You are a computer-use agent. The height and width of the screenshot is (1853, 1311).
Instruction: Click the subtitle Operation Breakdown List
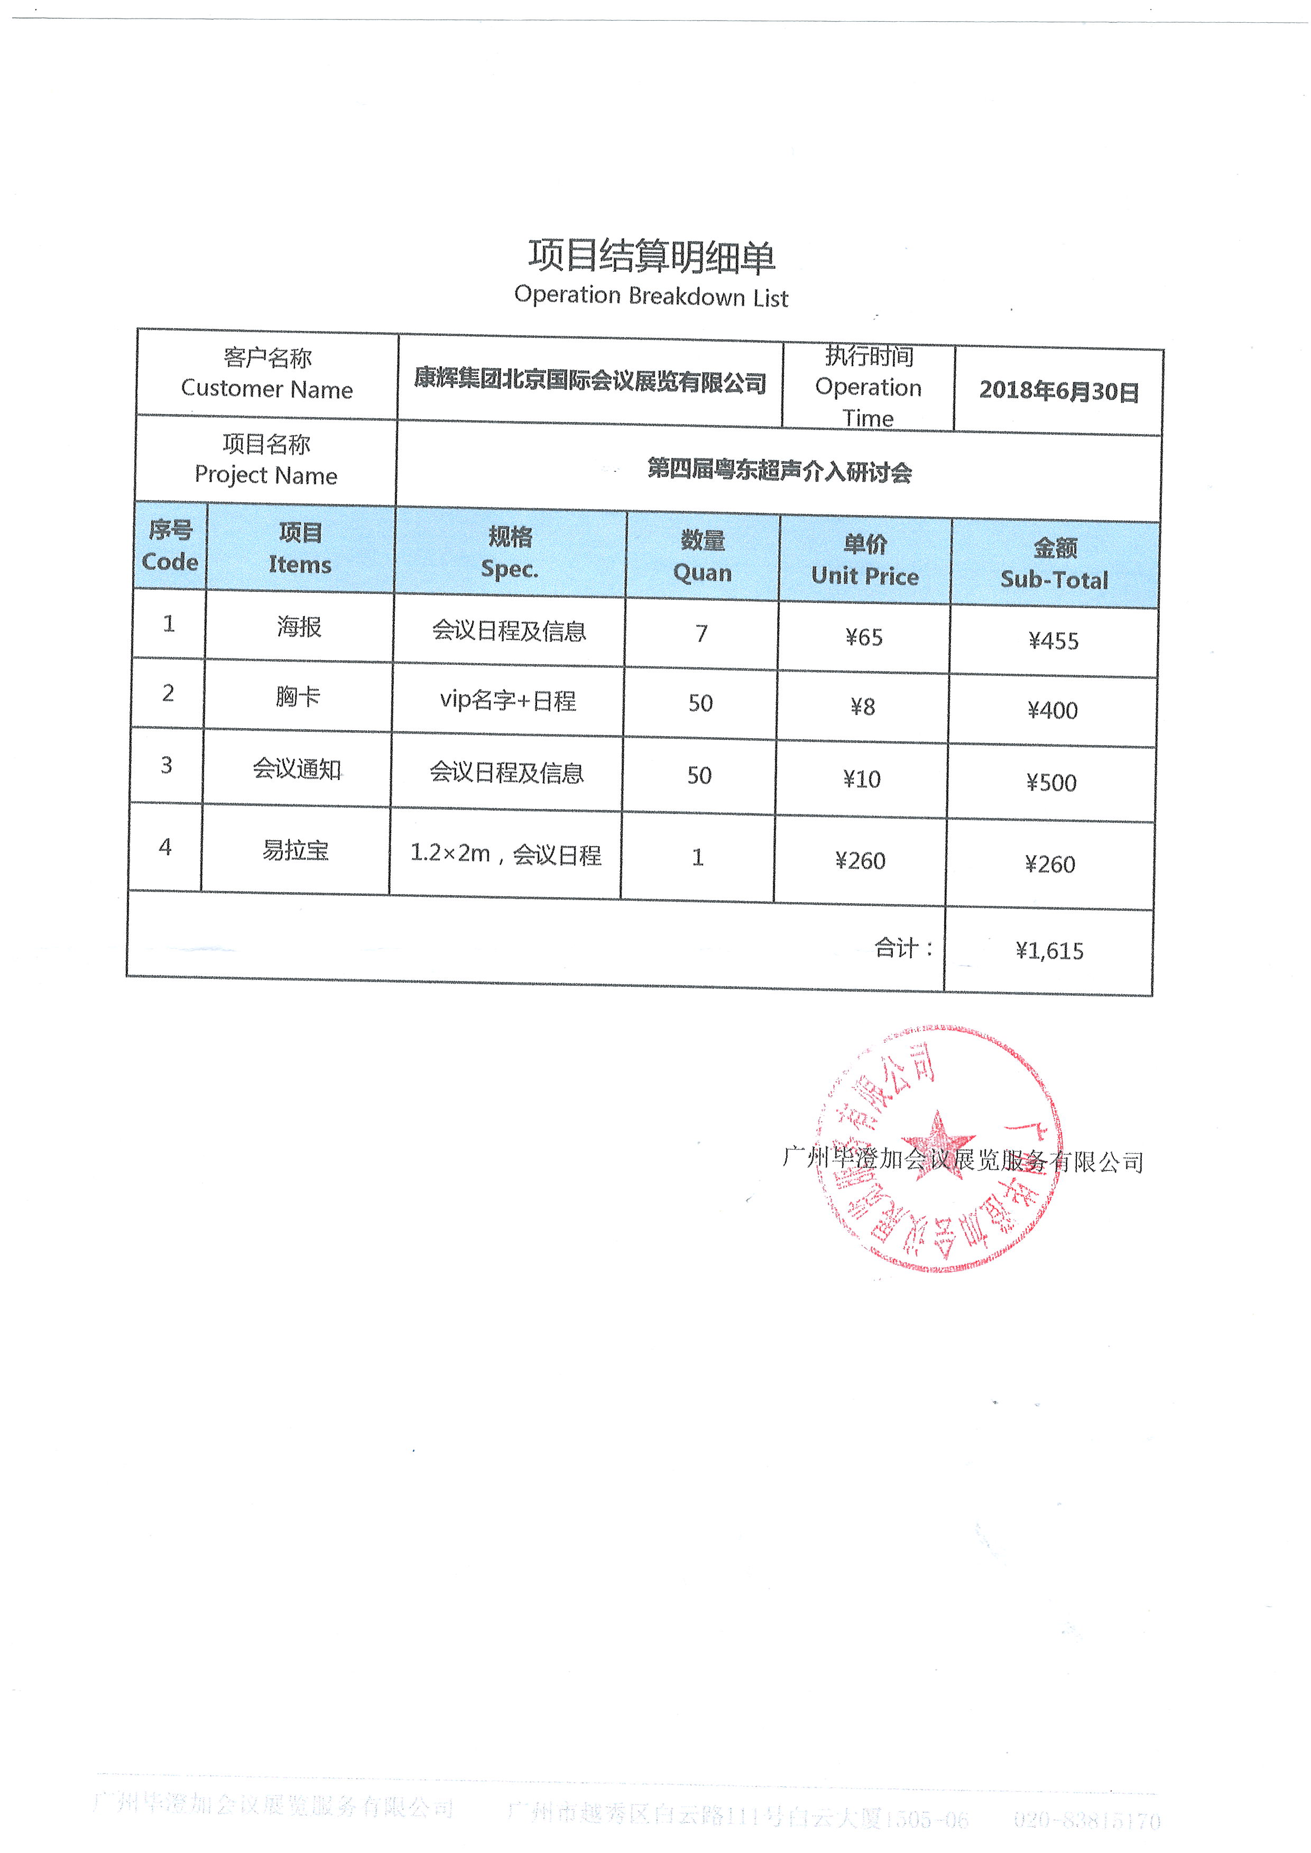coord(651,296)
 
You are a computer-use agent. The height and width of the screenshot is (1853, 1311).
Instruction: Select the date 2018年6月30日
coord(1058,391)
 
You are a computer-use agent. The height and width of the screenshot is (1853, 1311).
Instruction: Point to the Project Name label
coord(266,460)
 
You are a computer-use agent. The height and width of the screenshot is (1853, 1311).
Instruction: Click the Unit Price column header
coord(865,561)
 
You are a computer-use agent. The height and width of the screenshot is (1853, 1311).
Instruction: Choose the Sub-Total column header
coord(1054,564)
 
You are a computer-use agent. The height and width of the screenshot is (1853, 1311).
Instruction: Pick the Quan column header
coord(703,556)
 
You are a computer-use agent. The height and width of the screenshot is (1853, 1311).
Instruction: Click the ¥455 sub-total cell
coord(1054,641)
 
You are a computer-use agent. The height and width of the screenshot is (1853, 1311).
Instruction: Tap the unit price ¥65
coord(864,638)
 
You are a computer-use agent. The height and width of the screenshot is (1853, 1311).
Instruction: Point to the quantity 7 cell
coord(701,634)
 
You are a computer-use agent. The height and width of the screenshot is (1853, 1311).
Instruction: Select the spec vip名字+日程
coord(508,700)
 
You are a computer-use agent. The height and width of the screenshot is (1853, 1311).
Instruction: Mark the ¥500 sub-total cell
coord(1051,782)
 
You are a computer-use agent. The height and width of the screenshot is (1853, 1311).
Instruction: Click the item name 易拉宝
coord(296,850)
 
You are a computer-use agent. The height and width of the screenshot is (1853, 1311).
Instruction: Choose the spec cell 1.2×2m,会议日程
coord(505,854)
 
